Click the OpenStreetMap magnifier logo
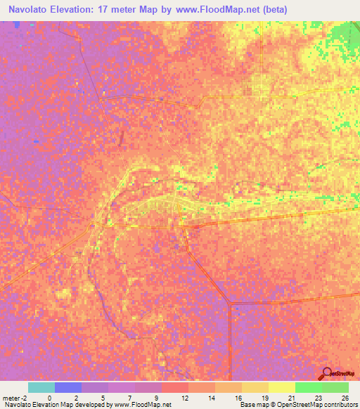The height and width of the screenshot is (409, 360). (x=327, y=373)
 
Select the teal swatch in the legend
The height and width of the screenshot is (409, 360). (x=41, y=387)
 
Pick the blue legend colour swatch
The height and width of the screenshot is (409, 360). (x=67, y=387)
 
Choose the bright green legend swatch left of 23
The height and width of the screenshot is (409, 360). (x=308, y=387)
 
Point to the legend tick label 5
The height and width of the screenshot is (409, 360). (x=103, y=397)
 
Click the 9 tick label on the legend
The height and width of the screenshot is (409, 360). (x=156, y=397)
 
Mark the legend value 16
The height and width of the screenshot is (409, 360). (x=239, y=397)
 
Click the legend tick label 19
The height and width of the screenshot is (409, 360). (x=266, y=397)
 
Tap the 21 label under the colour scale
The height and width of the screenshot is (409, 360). (x=292, y=397)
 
